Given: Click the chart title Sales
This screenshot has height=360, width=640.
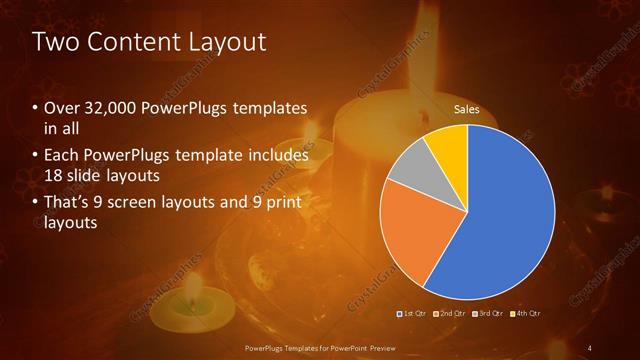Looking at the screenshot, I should point(467,108).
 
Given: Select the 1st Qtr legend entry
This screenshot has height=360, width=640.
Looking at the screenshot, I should point(411,313).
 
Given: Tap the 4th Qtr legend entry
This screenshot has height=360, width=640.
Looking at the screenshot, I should point(528,313).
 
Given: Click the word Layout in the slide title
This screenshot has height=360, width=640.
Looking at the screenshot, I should point(229,42).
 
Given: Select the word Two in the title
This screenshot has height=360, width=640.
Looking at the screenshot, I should point(52,42).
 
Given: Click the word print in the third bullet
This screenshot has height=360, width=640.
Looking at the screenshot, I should point(284,203).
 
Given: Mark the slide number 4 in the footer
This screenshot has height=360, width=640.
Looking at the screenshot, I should point(590,347).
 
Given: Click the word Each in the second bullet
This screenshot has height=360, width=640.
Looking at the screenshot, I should point(61,155).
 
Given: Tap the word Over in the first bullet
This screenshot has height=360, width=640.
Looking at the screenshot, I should point(62,108).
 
